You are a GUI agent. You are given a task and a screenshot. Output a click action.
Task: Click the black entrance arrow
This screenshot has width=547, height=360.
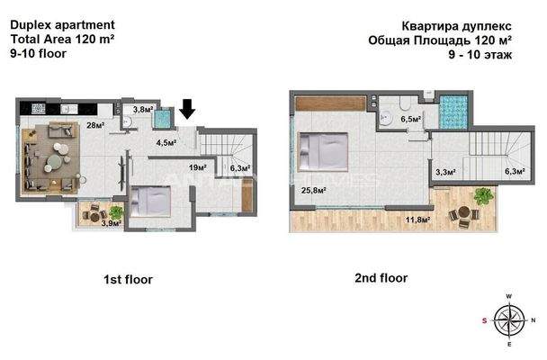tap(187, 109)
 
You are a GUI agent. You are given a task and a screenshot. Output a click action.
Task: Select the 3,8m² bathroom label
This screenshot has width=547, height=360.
tap(142, 111)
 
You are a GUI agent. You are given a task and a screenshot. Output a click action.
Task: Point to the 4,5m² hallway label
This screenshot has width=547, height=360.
tap(165, 141)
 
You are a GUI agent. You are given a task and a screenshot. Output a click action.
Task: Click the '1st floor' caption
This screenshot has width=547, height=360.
tap(129, 280)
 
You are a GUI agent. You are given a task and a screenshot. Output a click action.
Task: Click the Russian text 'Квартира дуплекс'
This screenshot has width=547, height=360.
tap(461, 24)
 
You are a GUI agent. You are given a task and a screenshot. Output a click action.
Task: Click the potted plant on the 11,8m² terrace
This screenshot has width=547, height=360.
tap(483, 194)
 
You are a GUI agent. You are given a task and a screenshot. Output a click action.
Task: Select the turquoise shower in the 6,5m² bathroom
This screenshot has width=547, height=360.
tap(456, 108)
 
